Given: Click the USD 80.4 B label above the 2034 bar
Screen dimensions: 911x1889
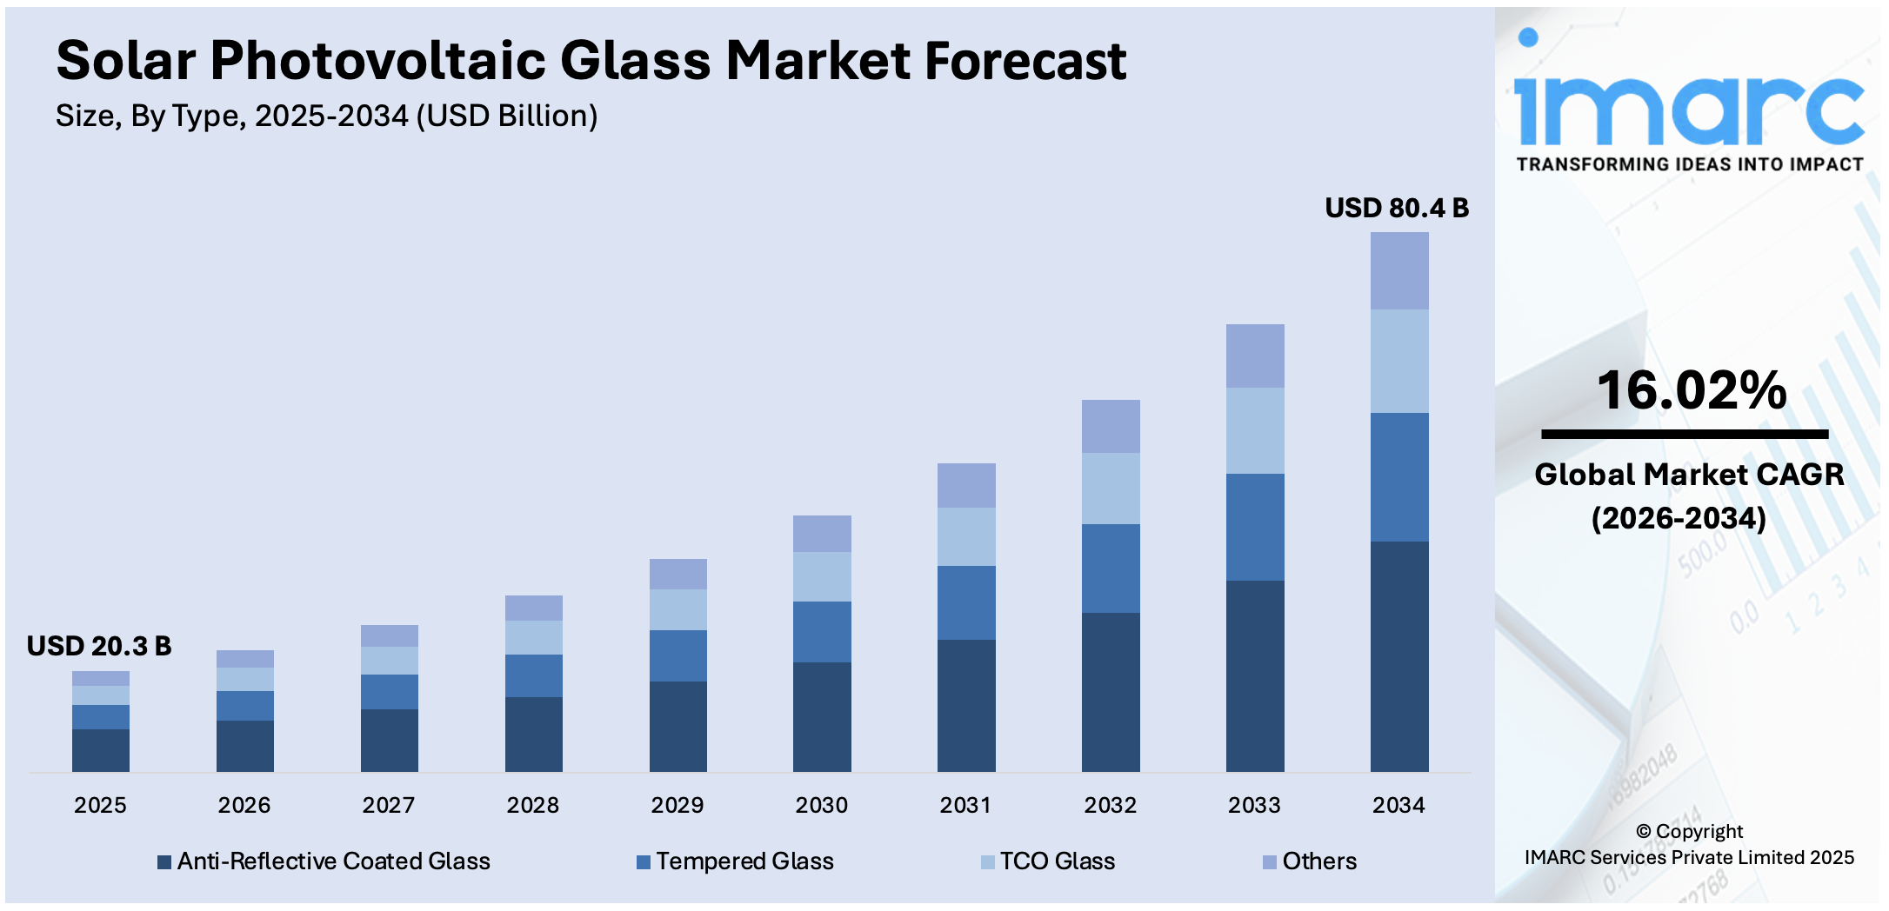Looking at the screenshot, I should (1396, 209).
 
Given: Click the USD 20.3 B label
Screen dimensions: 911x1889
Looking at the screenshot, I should (99, 646).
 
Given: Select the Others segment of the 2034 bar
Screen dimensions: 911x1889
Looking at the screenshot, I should (1398, 270).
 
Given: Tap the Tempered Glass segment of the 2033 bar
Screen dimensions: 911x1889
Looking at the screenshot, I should (1254, 527).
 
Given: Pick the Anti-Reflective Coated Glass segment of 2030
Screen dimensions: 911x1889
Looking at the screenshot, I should (822, 716).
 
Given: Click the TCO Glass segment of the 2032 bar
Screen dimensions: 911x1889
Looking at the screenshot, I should (1110, 488).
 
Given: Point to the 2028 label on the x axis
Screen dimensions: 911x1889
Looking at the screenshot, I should (532, 805).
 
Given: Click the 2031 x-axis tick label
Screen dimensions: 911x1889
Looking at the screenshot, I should (965, 805).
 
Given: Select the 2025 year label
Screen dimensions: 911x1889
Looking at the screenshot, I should (100, 805).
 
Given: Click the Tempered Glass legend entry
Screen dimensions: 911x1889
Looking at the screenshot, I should (744, 861).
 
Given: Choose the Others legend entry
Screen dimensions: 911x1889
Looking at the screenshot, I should (1318, 861).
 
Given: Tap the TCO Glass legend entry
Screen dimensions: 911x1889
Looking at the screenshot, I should (1057, 861).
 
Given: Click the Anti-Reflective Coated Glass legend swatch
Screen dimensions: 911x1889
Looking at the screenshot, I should (164, 862).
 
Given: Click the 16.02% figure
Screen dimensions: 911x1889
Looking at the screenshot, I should (1691, 390).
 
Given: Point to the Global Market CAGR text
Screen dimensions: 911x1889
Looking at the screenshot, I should (1688, 475).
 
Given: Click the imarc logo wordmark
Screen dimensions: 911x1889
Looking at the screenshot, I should (1688, 109).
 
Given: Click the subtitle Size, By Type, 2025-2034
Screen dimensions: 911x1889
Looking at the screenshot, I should (326, 116).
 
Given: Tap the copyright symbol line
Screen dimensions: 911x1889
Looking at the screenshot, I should (1688, 831).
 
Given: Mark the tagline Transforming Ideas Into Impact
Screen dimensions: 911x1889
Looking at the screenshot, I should (1689, 164).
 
